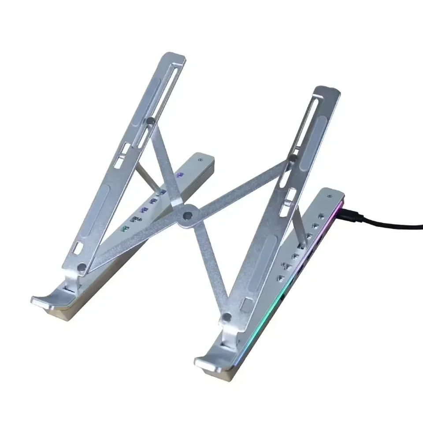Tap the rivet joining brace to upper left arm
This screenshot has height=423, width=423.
tap(151, 120)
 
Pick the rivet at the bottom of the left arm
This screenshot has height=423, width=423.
tap(81, 267)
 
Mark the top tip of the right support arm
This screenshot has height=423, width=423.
tap(329, 91)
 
